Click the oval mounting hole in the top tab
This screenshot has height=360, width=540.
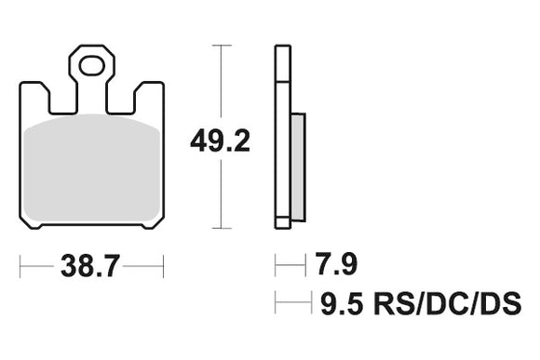(x=91, y=66)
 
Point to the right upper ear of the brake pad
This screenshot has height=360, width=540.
(x=148, y=99)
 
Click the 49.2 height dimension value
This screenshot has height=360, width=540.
(x=221, y=141)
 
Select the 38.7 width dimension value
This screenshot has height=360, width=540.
(x=91, y=268)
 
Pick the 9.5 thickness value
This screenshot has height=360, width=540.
(x=338, y=302)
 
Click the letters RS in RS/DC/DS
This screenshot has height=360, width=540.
(x=389, y=302)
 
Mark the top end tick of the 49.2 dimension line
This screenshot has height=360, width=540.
(x=220, y=44)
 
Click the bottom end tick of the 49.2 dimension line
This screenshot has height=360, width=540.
(x=220, y=228)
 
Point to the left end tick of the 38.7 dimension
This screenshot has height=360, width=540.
(x=20, y=268)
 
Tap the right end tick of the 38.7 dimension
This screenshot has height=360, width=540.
(x=163, y=268)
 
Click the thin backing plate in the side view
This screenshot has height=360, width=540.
(x=282, y=136)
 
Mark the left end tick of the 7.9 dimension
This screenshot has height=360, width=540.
(x=276, y=268)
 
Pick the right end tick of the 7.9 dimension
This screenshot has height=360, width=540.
(x=304, y=268)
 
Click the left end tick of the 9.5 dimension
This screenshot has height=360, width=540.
(x=276, y=302)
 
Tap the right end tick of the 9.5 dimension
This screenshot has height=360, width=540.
(x=310, y=302)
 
